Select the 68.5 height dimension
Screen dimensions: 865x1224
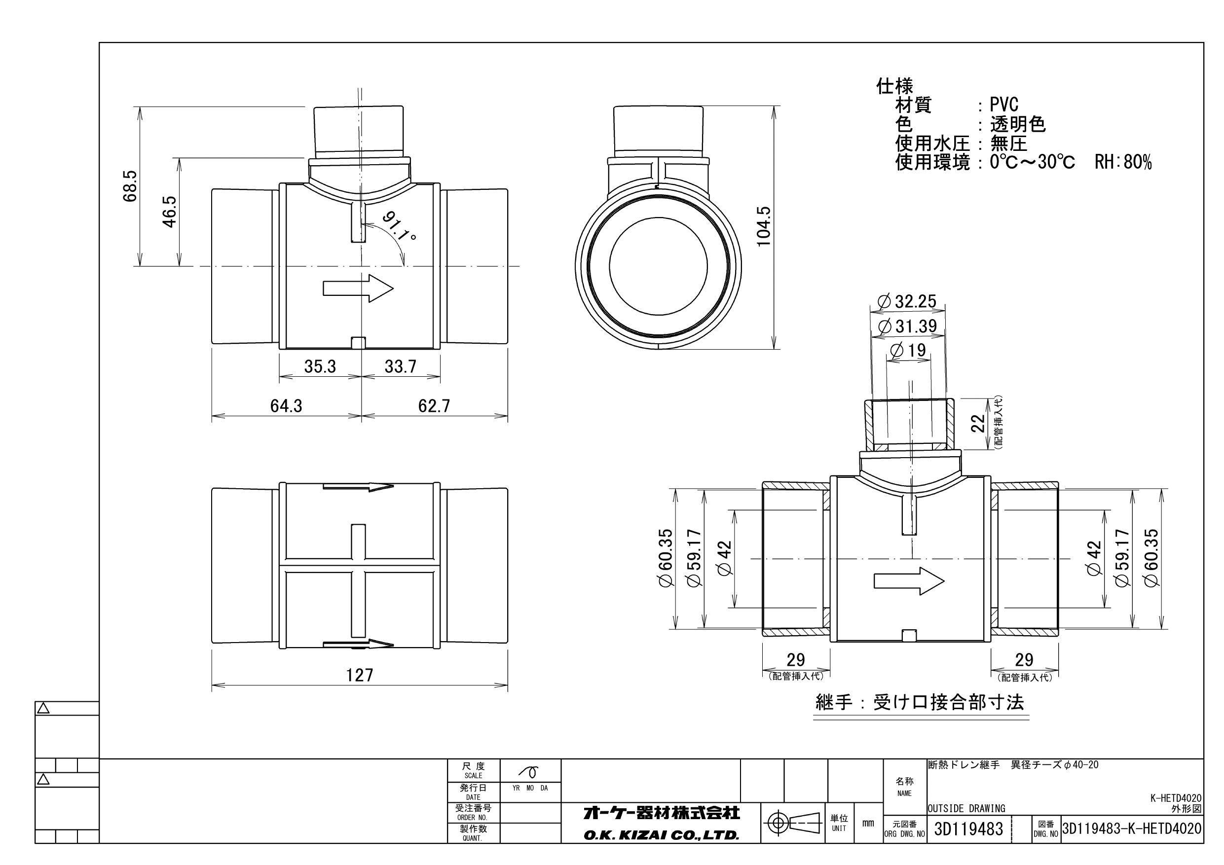[x=130, y=186]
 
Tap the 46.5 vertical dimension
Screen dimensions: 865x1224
[x=170, y=212]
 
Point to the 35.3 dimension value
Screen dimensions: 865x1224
[x=320, y=367]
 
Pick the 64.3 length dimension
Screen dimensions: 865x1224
[x=286, y=406]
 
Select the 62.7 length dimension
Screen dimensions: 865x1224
[x=434, y=406]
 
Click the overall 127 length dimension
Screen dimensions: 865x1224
[x=359, y=675]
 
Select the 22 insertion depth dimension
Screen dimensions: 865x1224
[x=978, y=424]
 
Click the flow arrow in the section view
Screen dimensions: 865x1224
[x=909, y=580]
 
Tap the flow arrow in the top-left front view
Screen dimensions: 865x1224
[x=358, y=288]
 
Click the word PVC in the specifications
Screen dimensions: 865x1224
[x=1004, y=105]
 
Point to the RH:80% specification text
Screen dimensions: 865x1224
[x=1123, y=162]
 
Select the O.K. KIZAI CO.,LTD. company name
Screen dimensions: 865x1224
[x=661, y=835]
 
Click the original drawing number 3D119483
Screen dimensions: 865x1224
[x=968, y=829]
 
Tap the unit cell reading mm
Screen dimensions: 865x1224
[x=868, y=824]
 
